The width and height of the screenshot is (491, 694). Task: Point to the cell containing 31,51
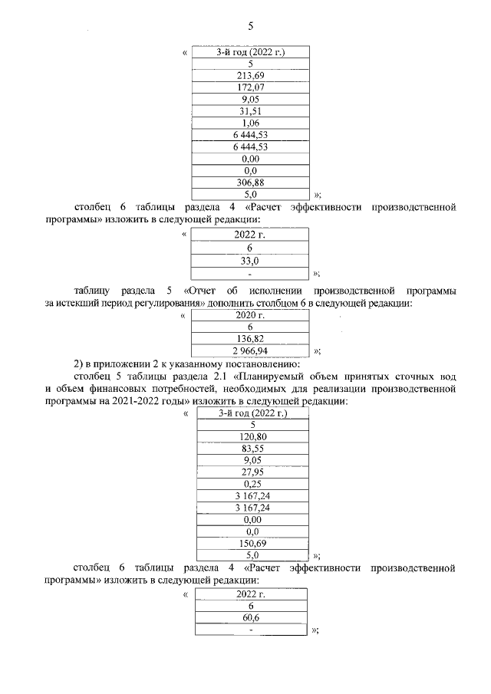pos(250,111)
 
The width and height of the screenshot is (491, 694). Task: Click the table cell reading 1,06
pos(250,123)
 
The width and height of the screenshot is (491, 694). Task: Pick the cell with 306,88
pos(250,182)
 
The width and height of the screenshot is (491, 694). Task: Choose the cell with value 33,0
pos(250,260)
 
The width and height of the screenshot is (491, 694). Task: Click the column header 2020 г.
pos(250,315)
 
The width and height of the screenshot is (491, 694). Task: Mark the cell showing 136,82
pos(250,338)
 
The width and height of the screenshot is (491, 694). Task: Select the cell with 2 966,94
pos(250,350)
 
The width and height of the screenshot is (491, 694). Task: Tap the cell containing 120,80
pos(252,437)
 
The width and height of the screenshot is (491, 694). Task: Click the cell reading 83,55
pos(252,449)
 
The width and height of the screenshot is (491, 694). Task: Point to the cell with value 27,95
pos(252,472)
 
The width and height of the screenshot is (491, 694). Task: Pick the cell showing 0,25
pos(252,484)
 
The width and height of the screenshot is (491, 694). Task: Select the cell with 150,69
pos(252,543)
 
